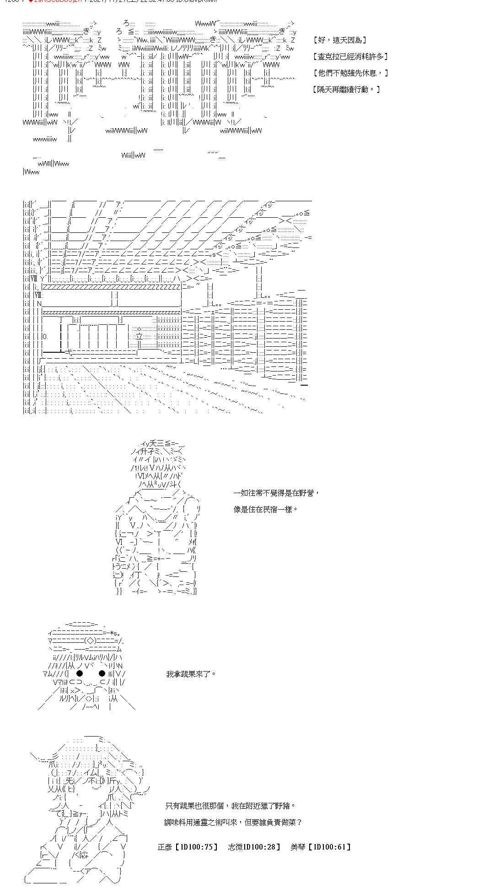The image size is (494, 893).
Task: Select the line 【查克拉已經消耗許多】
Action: (350, 57)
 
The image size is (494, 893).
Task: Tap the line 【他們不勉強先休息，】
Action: (350, 73)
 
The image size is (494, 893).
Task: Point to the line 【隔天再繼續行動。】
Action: (346, 89)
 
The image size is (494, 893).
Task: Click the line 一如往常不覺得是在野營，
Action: (276, 493)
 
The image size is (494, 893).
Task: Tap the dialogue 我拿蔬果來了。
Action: (191, 674)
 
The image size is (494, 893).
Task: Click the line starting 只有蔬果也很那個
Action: (230, 806)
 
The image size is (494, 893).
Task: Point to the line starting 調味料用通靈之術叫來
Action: (233, 822)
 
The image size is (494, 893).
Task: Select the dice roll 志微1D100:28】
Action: (254, 847)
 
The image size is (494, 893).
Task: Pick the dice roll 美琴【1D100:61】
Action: (321, 847)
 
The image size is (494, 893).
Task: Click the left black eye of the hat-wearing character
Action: (80, 673)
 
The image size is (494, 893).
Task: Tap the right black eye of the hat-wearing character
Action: (102, 673)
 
